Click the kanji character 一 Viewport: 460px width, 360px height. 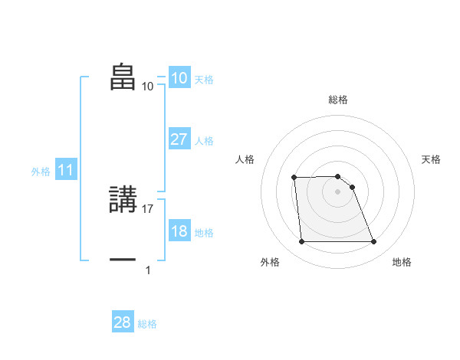(x=123, y=260)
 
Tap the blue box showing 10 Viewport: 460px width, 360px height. (x=179, y=78)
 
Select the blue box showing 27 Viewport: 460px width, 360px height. (x=179, y=139)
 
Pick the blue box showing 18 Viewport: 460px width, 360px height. (x=179, y=231)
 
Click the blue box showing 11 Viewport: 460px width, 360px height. (x=66, y=171)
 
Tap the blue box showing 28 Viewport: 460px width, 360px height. (x=123, y=322)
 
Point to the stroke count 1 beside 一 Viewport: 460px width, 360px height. (x=148, y=270)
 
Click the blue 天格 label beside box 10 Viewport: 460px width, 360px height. (x=204, y=80)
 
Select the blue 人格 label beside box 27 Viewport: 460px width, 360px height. (x=204, y=141)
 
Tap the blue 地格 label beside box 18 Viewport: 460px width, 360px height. (x=204, y=233)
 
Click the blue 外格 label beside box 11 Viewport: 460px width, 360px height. (x=41, y=172)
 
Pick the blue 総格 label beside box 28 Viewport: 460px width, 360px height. (x=148, y=324)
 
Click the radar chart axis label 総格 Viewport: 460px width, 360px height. (x=338, y=100)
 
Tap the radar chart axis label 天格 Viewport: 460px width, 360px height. (x=431, y=159)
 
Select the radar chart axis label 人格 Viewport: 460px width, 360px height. (x=245, y=159)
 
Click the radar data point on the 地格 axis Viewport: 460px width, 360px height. (x=373, y=242)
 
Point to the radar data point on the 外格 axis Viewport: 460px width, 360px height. (x=301, y=242)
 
